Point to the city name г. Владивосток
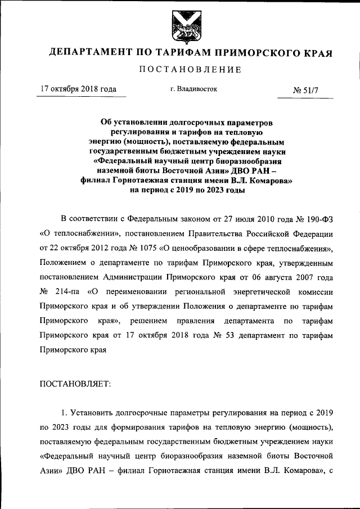[x=193, y=89]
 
